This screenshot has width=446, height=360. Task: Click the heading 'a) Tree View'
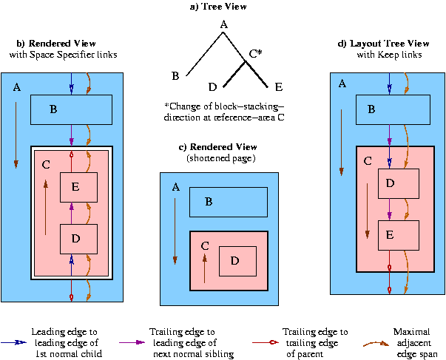223,7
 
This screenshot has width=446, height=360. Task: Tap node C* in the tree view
255,54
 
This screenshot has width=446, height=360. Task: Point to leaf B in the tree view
175,76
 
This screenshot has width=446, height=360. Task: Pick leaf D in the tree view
213,86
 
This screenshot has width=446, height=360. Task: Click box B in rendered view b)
71,109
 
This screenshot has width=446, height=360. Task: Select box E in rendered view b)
79,188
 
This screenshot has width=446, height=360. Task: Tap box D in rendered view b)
79,239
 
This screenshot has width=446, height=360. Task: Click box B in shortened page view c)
229,202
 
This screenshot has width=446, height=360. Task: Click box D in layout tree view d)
398,183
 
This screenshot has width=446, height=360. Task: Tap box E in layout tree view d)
398,235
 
